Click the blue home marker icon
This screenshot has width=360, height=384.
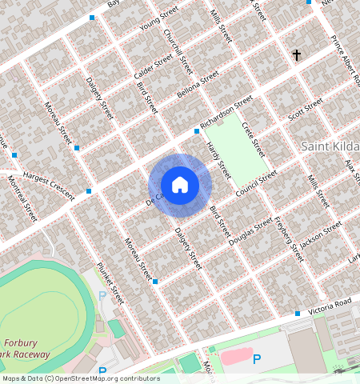pyautogui.click(x=180, y=185)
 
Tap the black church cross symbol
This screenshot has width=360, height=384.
pyautogui.click(x=297, y=55)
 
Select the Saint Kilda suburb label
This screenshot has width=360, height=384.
pyautogui.click(x=330, y=146)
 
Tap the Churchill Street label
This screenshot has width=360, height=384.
pyautogui.click(x=174, y=46)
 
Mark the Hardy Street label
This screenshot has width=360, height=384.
pyautogui.click(x=218, y=159)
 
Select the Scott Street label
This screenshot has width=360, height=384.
pyautogui.click(x=305, y=110)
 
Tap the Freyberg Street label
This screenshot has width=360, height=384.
pyautogui.click(x=289, y=238)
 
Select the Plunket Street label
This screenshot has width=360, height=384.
pyautogui.click(x=109, y=282)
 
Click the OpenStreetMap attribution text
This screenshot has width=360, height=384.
pyautogui.click(x=81, y=378)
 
